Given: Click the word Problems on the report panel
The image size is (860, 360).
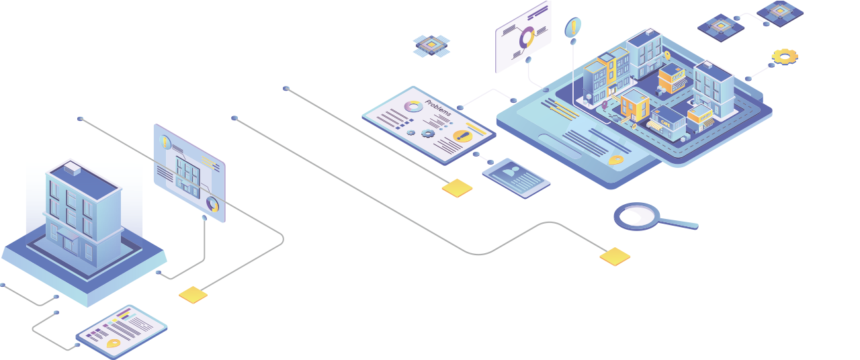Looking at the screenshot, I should pos(438,108).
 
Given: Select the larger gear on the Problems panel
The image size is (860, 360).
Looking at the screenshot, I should pos(428,133).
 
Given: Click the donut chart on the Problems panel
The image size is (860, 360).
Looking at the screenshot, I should pos(414,105).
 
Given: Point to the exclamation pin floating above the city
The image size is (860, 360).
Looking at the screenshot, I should pos(572,28).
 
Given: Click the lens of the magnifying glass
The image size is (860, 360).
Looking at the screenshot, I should pos(637,216).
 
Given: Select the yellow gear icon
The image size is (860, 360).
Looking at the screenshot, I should pos(784,56).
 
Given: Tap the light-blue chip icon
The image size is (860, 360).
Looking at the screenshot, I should pos(431,45).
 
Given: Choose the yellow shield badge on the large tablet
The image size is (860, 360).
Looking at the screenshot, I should pos(615,160).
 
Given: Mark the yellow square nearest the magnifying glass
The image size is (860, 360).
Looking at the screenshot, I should pos(615,256).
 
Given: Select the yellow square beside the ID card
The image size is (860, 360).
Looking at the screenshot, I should pos(457,187).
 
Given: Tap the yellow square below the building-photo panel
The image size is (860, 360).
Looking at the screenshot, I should pos(193,294).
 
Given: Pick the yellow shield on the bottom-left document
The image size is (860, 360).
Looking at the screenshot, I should pos(114,343).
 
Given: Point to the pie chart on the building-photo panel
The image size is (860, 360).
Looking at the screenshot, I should pos(213,204).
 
